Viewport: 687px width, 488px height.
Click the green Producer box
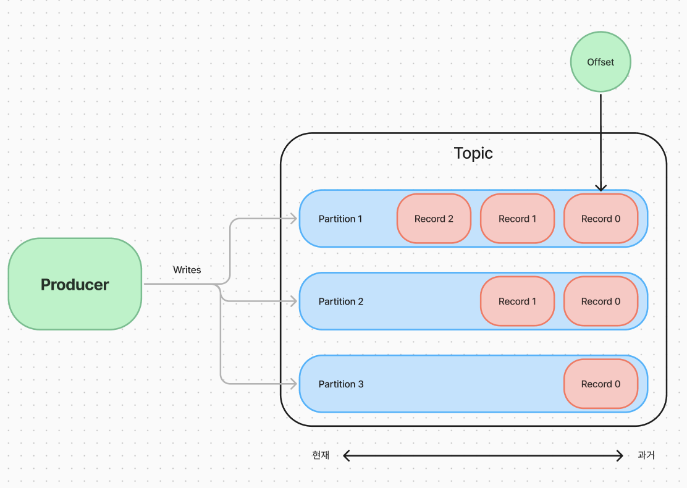point(75,284)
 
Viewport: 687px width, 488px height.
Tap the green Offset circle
point(601,62)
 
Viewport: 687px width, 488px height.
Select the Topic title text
point(473,153)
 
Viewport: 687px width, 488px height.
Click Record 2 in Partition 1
point(434,219)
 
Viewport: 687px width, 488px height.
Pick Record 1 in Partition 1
point(518,219)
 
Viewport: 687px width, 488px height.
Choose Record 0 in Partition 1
point(601,219)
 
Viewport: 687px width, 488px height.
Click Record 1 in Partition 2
point(518,301)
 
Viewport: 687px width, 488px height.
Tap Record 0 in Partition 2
point(601,301)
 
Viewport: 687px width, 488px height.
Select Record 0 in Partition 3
point(601,384)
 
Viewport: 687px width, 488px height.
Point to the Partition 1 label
point(340,219)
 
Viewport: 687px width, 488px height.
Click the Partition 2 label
point(341,301)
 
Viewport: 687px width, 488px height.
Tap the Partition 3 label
point(341,384)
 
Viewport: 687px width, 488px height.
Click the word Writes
point(187,270)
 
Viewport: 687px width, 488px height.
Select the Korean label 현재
point(321,455)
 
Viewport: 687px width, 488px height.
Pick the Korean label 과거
point(646,455)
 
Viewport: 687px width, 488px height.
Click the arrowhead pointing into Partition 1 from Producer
point(294,219)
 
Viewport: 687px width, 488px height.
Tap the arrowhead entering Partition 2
point(294,301)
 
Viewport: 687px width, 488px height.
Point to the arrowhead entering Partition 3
point(294,384)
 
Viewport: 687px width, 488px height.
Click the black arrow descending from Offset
point(601,142)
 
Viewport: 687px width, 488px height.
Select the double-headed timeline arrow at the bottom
point(483,456)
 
